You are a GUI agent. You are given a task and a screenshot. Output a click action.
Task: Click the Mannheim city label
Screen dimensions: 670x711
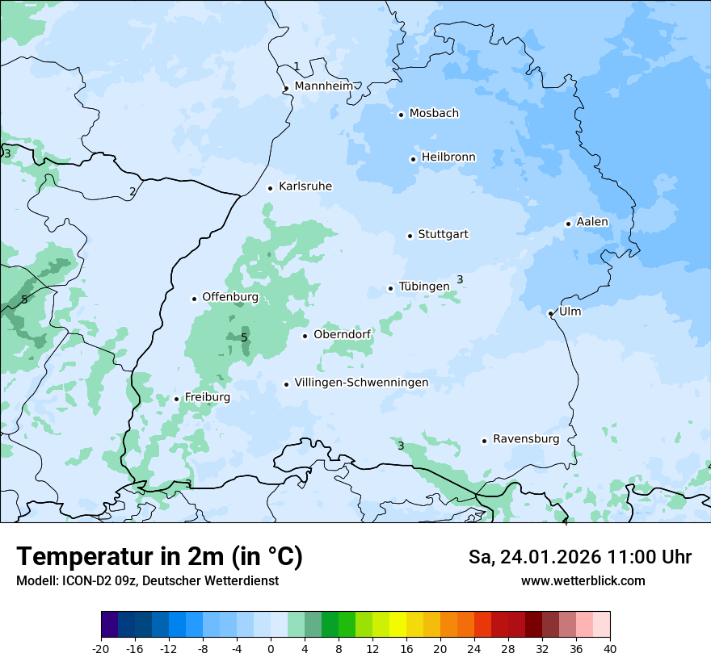pos(323,86)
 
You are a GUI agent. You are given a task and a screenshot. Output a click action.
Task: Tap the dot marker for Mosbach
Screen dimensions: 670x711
pos(401,115)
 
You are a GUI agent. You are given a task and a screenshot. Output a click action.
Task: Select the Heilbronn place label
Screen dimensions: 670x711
pos(448,157)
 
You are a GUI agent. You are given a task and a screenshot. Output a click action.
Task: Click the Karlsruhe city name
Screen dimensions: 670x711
pos(305,186)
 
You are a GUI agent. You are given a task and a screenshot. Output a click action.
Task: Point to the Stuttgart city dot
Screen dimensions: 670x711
pos(410,236)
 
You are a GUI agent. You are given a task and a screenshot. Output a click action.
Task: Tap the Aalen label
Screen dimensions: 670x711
pos(592,222)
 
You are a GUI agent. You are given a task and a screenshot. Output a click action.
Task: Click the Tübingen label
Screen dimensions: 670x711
pos(424,287)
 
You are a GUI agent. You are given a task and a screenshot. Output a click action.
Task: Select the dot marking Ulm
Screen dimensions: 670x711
pos(550,313)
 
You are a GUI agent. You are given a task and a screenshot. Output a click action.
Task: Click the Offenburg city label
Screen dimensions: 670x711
pos(230,297)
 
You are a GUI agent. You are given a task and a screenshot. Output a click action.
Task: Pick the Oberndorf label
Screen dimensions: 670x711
pos(342,334)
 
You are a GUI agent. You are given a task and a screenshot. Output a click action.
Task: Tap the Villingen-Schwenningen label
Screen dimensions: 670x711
pos(361,383)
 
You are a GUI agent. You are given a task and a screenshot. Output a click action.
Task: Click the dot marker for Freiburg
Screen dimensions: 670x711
pos(176,399)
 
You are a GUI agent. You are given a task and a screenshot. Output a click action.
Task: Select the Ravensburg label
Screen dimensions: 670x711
pos(526,439)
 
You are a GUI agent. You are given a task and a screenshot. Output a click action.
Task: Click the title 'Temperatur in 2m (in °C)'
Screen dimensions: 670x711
pos(159,557)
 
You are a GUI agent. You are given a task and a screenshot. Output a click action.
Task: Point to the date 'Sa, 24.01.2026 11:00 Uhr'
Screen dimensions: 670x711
pos(579,557)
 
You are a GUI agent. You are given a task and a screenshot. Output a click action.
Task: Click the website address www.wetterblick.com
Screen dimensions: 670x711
pos(583,581)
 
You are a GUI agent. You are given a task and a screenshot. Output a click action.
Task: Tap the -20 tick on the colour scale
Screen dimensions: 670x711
pos(101,649)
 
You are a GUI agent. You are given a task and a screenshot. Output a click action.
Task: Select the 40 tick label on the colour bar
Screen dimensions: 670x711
pos(610,649)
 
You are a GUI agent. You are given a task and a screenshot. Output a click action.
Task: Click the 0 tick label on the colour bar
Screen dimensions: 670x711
pos(271,649)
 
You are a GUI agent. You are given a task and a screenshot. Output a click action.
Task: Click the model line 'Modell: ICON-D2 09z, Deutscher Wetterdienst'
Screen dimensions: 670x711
pos(147,581)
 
